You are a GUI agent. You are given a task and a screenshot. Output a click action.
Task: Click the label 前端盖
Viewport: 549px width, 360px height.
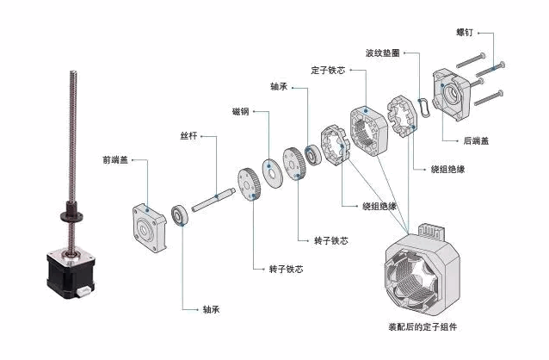pos(115,160)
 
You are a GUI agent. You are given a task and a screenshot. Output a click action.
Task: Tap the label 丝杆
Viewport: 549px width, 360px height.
pos(188,136)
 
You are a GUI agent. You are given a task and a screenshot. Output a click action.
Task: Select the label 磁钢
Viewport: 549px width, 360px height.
pos(241,111)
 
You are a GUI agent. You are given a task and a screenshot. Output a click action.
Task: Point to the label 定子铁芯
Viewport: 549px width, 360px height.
pos(328,70)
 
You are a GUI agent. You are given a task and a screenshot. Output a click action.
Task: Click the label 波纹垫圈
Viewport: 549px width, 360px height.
pos(383,53)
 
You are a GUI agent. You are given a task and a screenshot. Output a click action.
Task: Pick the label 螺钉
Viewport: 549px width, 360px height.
pos(465,33)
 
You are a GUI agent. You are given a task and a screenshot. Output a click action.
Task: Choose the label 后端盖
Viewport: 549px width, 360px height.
pos(476,141)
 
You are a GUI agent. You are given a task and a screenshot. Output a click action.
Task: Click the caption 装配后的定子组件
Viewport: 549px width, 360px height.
pos(423,327)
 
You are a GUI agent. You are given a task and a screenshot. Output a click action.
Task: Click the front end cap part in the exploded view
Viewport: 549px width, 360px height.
pos(150,227)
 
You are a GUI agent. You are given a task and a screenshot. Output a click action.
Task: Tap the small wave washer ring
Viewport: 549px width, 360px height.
pos(424,108)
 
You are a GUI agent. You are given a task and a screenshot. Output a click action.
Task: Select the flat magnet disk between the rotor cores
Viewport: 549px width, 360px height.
pos(273,173)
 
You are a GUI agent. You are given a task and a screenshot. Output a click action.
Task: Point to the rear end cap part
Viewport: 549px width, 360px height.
pos(451,95)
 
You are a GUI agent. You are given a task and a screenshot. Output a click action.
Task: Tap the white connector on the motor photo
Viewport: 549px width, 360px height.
pos(83,290)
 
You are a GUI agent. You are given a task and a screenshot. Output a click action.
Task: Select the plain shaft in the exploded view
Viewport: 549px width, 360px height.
pos(213,200)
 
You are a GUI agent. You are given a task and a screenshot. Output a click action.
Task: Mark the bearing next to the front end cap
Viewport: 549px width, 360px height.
pos(180,215)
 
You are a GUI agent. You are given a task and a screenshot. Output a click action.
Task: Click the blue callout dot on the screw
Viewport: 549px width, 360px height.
pos(493,68)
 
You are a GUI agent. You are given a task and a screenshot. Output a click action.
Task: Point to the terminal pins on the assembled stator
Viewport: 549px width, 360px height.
pos(433,230)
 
